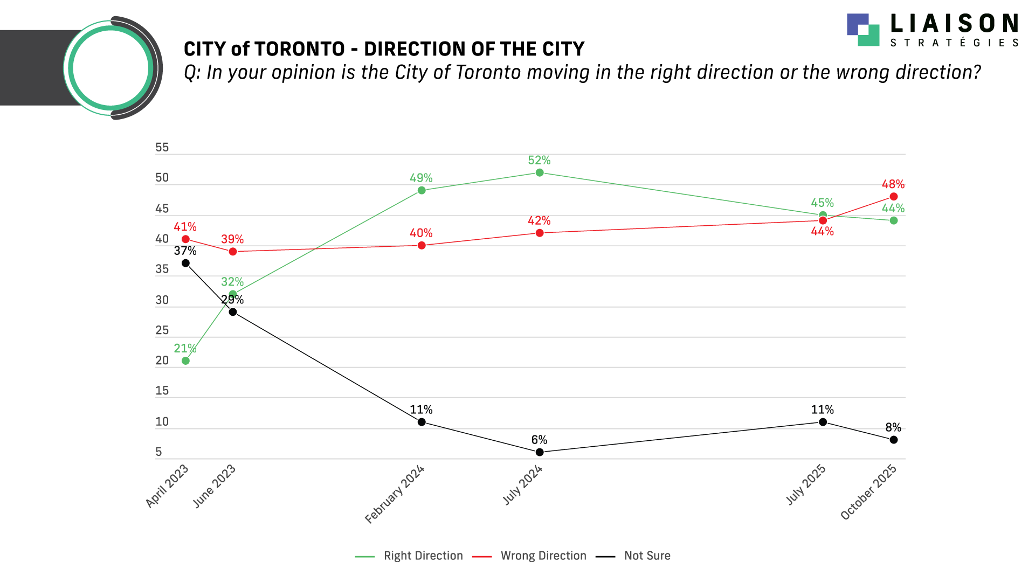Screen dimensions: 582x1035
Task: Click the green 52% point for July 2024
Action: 539,172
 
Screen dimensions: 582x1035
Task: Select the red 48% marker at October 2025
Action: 893,197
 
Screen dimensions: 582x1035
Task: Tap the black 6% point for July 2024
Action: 539,452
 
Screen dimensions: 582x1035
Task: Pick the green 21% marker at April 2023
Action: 185,361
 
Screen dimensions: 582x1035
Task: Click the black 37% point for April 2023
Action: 185,263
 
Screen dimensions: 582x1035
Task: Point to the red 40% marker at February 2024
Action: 422,245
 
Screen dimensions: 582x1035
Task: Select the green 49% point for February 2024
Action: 422,190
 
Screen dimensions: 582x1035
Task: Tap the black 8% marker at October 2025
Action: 893,440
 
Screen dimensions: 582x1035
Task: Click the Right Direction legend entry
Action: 423,556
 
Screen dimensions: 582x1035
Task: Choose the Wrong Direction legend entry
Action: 543,556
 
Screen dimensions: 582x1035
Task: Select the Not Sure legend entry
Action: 647,556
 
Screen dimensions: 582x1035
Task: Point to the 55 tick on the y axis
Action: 162,147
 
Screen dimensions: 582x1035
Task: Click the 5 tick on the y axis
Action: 158,452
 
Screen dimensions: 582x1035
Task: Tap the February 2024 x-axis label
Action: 395,494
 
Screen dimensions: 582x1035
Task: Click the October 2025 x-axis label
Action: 868,492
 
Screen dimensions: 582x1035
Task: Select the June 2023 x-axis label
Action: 215,486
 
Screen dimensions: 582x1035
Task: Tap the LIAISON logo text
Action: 954,24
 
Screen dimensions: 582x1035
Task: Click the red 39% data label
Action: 232,239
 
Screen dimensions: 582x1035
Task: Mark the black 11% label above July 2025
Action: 822,410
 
